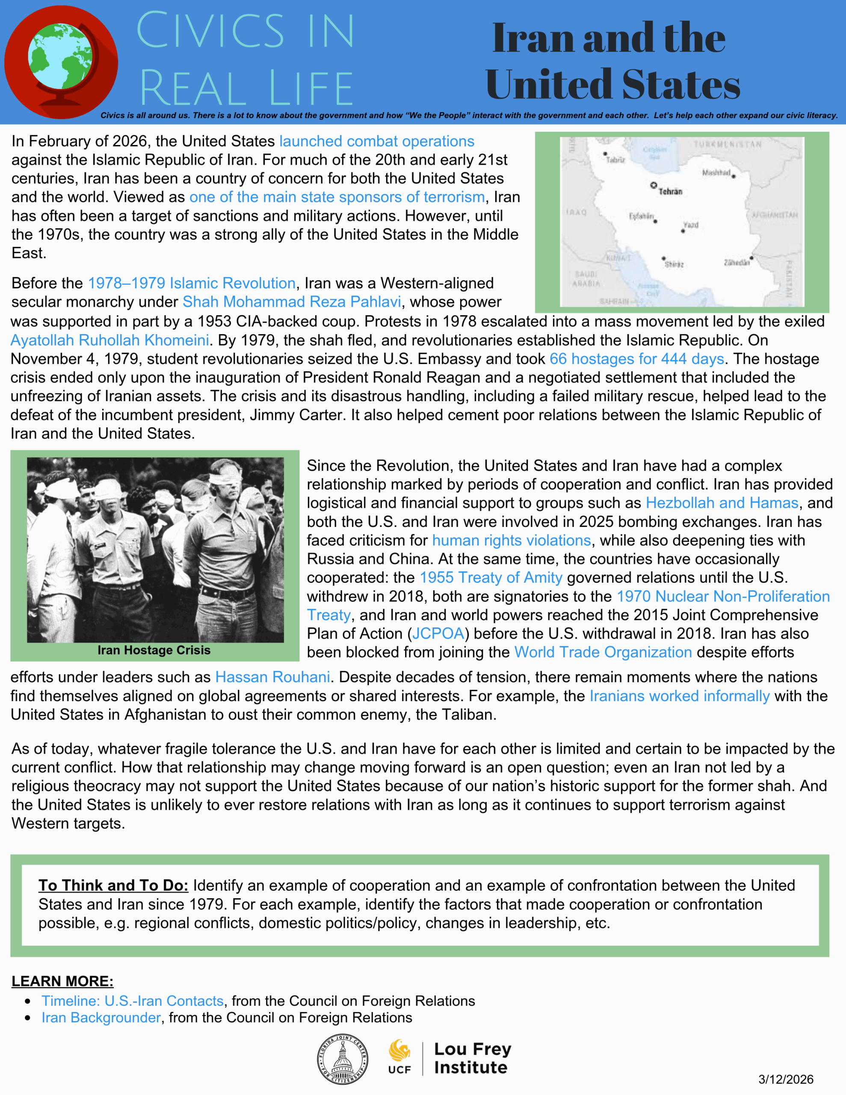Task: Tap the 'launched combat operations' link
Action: click(x=377, y=142)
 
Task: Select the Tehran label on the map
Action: click(x=670, y=191)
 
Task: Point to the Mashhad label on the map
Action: click(x=716, y=172)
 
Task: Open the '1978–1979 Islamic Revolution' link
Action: click(x=192, y=283)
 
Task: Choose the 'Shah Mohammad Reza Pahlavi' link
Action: click(x=291, y=302)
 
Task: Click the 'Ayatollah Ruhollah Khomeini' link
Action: click(x=110, y=340)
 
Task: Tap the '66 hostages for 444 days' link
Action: click(x=636, y=359)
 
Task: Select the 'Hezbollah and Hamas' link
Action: click(x=722, y=503)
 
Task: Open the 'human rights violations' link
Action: click(x=511, y=541)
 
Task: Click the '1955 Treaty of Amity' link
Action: click(x=491, y=577)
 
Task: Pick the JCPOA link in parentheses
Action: click(x=438, y=634)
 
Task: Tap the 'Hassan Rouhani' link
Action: click(x=272, y=678)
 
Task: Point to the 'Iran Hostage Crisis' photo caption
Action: click(x=154, y=650)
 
